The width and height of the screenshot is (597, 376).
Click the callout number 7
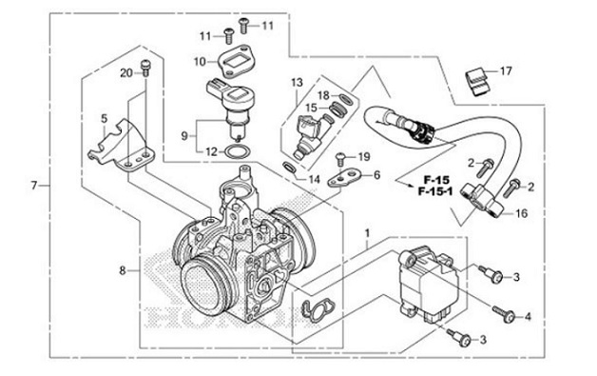[34, 185]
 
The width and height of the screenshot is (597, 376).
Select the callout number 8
[123, 271]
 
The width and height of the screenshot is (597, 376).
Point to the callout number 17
[505, 70]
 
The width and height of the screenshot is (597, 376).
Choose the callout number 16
[520, 215]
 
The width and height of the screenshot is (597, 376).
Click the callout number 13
[297, 83]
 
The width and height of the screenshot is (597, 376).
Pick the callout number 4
[528, 315]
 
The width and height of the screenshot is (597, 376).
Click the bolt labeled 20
[145, 66]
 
